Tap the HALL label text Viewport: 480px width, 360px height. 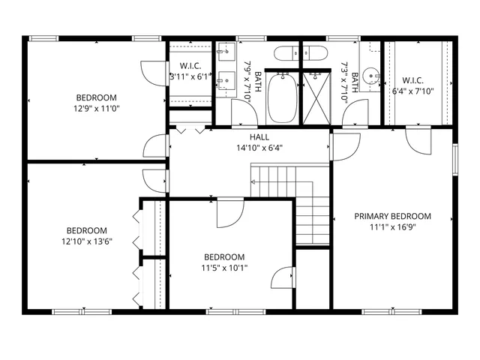259,137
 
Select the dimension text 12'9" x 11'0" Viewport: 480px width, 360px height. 96,108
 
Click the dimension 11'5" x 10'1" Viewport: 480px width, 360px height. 223,267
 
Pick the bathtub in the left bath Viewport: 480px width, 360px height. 283,97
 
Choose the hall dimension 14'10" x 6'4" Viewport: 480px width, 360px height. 259,148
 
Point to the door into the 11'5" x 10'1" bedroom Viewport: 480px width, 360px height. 228,213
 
